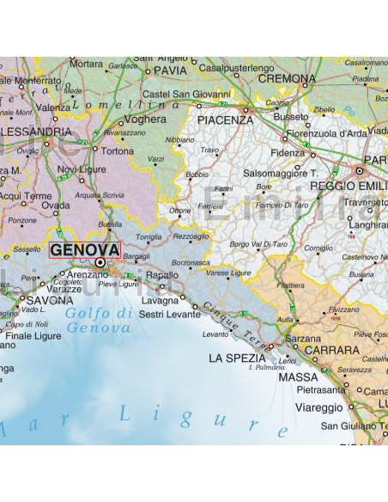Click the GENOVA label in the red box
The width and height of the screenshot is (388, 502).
[x=85, y=249]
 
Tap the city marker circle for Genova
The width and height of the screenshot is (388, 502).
[x=100, y=263]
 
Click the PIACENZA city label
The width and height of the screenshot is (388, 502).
[x=225, y=120]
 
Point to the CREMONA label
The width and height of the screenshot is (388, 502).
[x=288, y=78]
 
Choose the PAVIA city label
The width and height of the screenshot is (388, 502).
[x=170, y=70]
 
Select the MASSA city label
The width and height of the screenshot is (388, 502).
[x=299, y=376]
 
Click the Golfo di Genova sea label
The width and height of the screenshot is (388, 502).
[x=99, y=320]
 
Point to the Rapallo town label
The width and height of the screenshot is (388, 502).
[x=163, y=275]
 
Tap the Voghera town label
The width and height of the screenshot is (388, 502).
[x=146, y=119]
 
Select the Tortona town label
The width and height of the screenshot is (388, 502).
[x=118, y=150]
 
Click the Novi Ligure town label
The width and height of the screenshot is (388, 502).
[x=80, y=169]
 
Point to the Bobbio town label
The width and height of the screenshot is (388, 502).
[x=197, y=174]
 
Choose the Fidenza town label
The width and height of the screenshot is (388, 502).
[x=288, y=152]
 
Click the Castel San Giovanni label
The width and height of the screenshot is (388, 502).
[x=186, y=94]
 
